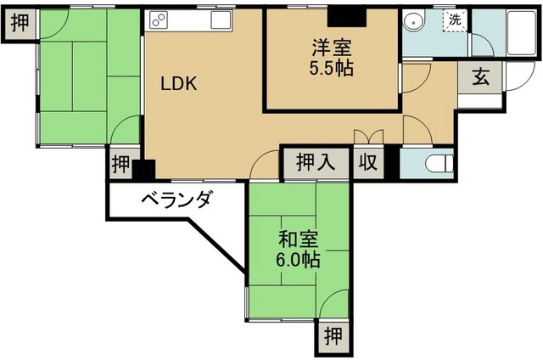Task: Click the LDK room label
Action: [180, 84]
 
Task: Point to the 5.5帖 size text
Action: [332, 69]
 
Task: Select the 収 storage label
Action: [368, 161]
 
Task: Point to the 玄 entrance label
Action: [480, 77]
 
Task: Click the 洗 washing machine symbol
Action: [455, 20]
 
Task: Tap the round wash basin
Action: [416, 22]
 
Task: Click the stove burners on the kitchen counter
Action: [160, 19]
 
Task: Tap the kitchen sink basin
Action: [221, 19]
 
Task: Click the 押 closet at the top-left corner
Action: [20, 22]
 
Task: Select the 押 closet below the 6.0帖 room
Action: [333, 336]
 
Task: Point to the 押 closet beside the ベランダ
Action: [120, 164]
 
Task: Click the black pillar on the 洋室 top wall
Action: [344, 15]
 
